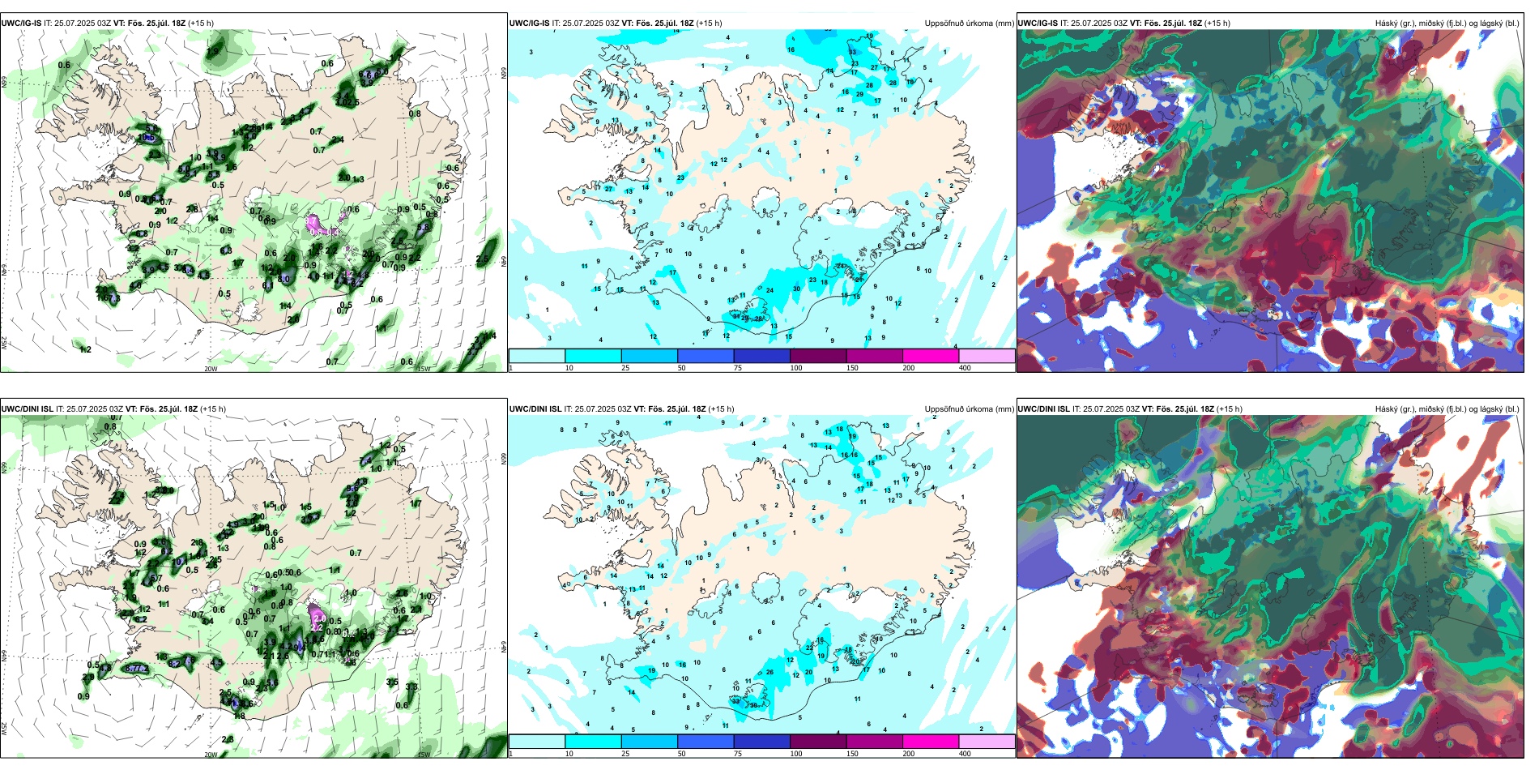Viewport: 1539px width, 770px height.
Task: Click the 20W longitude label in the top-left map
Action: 211,369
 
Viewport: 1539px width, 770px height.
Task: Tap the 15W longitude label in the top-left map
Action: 423,369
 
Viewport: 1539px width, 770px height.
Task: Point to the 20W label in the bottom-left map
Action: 211,755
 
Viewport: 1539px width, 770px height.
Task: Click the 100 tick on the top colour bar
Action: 795,368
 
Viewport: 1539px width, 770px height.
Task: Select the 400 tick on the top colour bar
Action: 965,368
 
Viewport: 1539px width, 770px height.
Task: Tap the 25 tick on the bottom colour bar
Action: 625,754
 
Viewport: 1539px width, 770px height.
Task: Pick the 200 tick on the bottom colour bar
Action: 909,754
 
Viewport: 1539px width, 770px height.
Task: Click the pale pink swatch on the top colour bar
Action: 987,356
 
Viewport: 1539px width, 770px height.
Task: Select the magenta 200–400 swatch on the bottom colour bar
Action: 931,742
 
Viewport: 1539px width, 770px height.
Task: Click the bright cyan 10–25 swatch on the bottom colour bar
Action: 593,742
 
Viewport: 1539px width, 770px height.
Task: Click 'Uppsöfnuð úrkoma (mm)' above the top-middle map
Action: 969,24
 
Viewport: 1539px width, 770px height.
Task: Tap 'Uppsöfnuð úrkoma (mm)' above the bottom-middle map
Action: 969,409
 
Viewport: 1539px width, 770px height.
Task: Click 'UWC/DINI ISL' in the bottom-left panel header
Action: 27,409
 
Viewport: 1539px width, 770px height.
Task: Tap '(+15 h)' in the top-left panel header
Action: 201,24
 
